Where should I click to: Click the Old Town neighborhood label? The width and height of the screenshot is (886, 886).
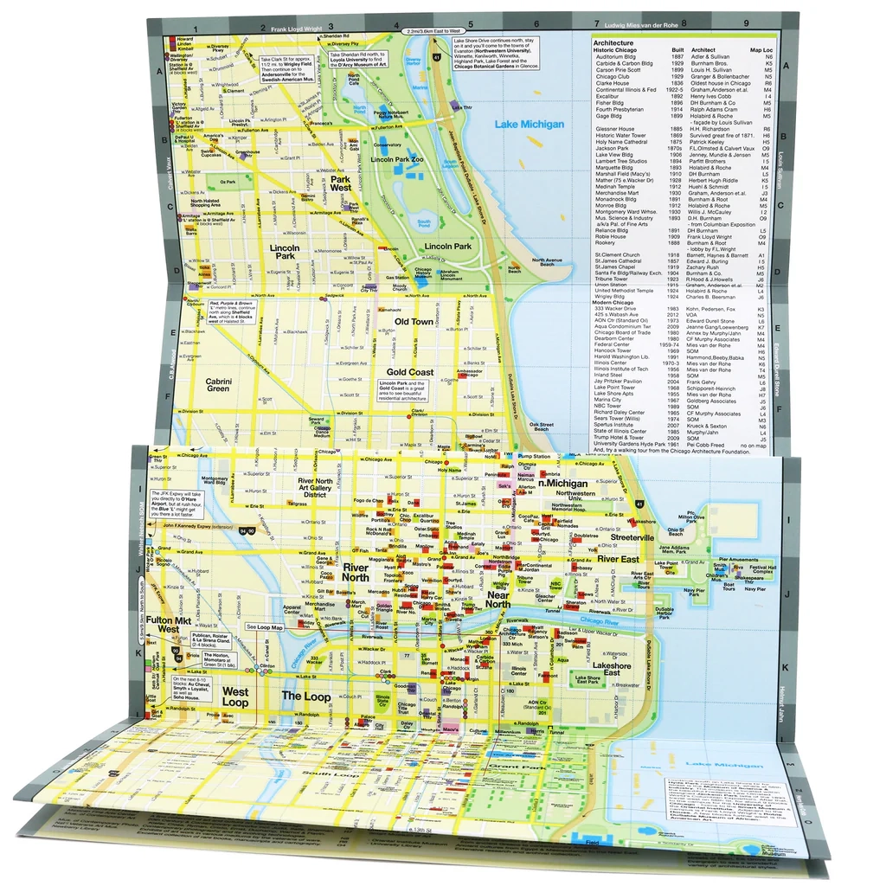(414, 322)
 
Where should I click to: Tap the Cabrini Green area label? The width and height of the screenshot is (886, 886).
(217, 384)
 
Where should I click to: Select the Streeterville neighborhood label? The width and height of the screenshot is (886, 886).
(632, 537)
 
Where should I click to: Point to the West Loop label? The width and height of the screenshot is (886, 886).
(234, 697)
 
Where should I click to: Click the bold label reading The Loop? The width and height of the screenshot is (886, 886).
(306, 696)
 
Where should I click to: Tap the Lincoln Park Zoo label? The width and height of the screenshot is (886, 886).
(395, 160)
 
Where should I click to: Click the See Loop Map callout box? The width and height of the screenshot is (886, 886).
(265, 626)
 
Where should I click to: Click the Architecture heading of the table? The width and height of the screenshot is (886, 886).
(613, 42)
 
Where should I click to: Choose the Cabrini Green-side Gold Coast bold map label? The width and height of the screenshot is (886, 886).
(410, 372)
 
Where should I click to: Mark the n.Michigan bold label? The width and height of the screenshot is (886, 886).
(562, 484)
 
